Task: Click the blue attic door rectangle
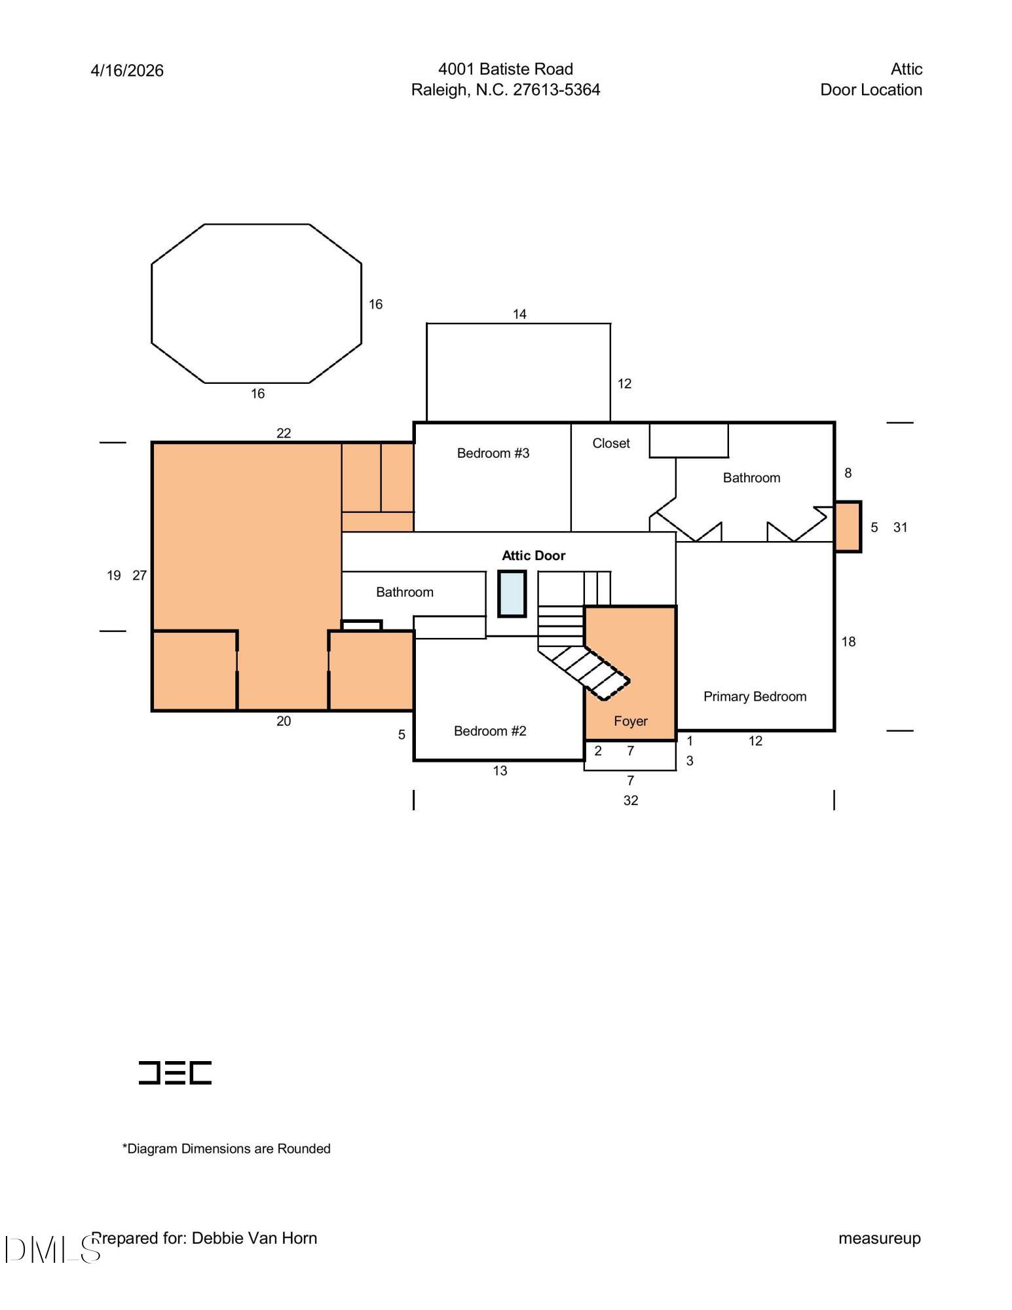pos(512,593)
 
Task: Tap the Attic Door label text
pos(533,555)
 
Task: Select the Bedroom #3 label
pos(493,453)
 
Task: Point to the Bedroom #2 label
pos(490,731)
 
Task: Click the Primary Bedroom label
pos(755,697)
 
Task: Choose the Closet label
pos(610,443)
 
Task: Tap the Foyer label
pos(630,721)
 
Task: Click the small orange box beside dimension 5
pos(848,527)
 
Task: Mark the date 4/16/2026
pos(127,71)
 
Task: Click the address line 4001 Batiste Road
pos(505,69)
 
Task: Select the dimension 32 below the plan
pos(630,800)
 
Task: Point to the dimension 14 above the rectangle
pos(519,314)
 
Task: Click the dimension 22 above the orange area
pos(283,433)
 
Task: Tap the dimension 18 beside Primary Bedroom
pos(848,642)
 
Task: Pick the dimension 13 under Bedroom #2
pos(500,771)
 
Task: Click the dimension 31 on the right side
pos(900,527)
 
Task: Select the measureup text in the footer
pos(880,1239)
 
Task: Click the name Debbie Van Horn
pos(254,1238)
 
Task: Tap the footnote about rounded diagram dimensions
pos(226,1148)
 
